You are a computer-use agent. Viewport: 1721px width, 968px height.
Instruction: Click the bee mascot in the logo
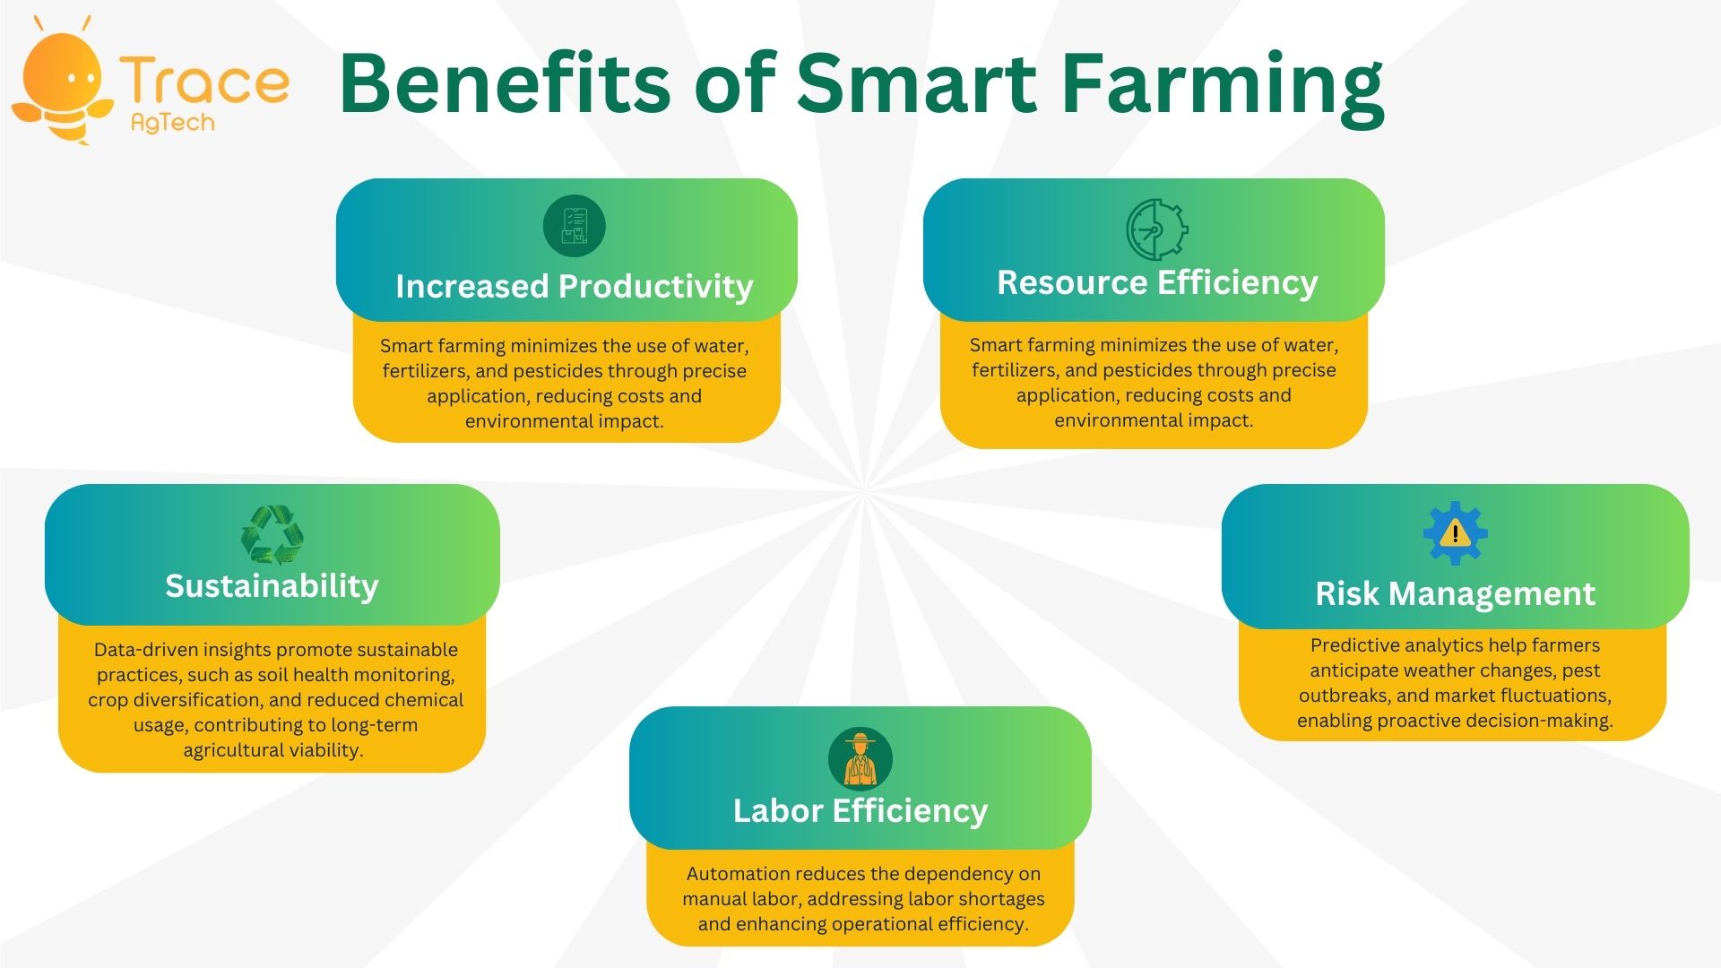pos(63,85)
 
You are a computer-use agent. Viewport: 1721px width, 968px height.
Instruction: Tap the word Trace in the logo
pos(205,82)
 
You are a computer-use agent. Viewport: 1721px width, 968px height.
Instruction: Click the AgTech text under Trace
pos(173,123)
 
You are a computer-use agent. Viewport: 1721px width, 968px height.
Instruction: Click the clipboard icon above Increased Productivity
pos(575,226)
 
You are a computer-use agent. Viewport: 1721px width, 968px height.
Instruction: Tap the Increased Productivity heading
pos(575,286)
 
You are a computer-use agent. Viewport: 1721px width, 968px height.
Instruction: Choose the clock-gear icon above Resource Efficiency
pos(1156,229)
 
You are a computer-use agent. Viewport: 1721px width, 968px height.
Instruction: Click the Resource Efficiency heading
pos(1157,282)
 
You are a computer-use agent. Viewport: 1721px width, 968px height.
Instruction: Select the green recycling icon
pos(272,535)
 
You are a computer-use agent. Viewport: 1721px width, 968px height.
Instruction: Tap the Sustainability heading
pos(272,585)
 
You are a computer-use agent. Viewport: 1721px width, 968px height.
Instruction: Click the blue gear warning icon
pos(1456,533)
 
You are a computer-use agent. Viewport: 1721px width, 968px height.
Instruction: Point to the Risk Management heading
pos(1456,593)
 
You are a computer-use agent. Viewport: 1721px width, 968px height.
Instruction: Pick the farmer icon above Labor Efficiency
pos(860,759)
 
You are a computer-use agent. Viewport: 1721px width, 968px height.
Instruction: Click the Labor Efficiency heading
pos(860,810)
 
